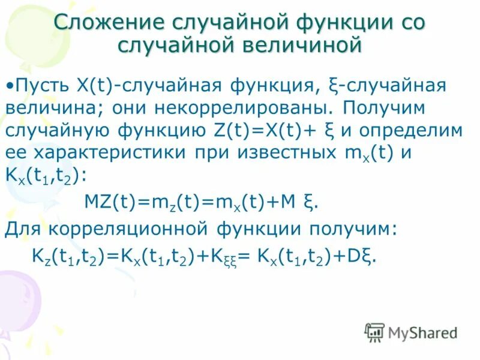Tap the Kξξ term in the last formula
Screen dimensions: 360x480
click(x=221, y=257)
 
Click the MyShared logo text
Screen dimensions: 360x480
click(x=423, y=332)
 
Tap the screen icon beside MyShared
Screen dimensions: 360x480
click(x=374, y=332)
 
